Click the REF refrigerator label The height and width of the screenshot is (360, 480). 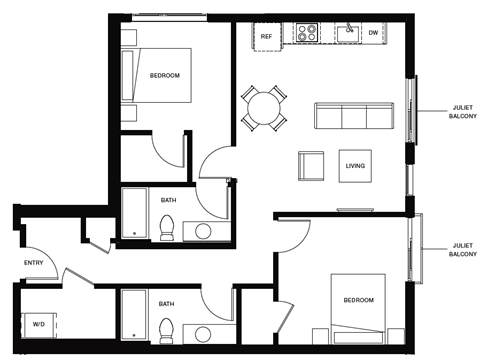tap(266, 36)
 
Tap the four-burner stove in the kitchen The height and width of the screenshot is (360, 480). tap(304, 33)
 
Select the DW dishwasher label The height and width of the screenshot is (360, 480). tap(373, 33)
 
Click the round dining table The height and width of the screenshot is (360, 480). tap(266, 106)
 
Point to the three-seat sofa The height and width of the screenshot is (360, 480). tap(352, 116)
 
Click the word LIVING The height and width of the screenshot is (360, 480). tap(355, 166)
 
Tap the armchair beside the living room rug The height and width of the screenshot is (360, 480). tap(311, 166)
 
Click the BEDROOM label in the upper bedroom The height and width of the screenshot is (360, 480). tap(165, 74)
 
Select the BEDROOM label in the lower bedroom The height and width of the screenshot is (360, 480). tap(358, 301)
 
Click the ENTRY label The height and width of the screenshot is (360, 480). tap(34, 263)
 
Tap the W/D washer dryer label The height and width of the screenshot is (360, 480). tap(39, 324)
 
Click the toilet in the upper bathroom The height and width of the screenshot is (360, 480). tap(168, 226)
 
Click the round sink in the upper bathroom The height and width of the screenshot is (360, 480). tap(204, 232)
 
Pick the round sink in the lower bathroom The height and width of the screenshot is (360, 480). tap(204, 333)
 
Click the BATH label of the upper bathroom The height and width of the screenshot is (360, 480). tap(168, 200)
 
